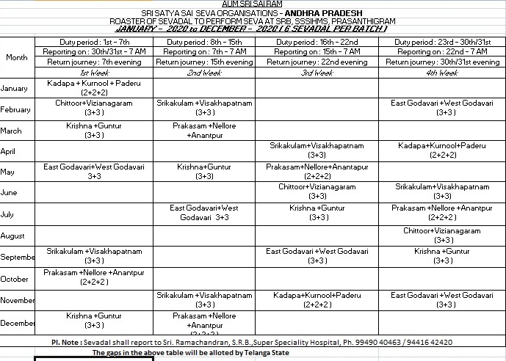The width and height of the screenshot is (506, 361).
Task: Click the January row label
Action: tap(15, 89)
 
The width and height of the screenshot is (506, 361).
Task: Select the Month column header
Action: tap(17, 57)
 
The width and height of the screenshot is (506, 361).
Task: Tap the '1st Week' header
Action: tap(94, 73)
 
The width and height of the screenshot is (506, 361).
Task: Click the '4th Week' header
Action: tap(442, 73)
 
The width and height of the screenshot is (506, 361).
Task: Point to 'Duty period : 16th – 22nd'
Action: tap(317, 43)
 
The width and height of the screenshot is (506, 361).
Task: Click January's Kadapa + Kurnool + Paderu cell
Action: tap(94, 88)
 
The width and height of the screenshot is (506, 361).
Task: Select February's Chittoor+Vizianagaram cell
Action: tap(94, 108)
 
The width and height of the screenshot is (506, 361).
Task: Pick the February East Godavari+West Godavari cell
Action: tap(442, 108)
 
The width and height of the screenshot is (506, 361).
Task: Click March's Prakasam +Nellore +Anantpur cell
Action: tap(204, 131)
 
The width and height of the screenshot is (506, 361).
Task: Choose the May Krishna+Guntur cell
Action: tap(204, 172)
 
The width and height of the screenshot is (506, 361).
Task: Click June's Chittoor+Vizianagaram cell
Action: tap(317, 192)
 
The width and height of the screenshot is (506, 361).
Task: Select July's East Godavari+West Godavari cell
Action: tap(204, 213)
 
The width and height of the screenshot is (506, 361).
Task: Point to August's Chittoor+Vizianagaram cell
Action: tap(442, 235)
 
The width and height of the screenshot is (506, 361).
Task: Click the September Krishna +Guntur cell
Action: tap(442, 255)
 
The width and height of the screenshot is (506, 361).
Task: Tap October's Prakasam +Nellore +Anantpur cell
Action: tap(94, 277)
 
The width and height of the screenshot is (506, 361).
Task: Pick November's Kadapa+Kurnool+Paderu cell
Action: tap(317, 299)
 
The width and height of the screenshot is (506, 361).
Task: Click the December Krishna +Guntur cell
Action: tap(94, 320)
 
